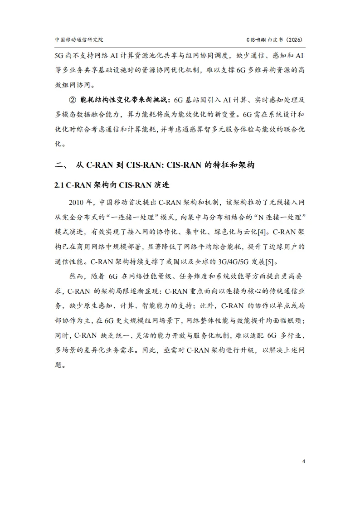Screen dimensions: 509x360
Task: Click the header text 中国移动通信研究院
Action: [x=79, y=39]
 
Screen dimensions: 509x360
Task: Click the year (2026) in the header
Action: [x=294, y=39]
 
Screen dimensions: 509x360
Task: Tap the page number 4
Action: [x=303, y=461]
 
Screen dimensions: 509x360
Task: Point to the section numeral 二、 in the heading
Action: [x=61, y=165]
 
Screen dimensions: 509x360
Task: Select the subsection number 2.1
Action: [x=60, y=186]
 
